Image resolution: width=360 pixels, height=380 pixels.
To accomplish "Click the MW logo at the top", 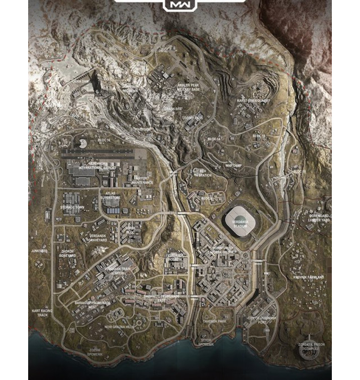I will click(x=179, y=5).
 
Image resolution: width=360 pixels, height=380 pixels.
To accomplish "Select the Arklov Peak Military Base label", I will click(x=188, y=88).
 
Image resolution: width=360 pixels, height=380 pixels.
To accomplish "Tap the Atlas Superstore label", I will click(x=111, y=195).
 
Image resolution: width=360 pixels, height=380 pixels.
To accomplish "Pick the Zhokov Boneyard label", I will click(x=68, y=253).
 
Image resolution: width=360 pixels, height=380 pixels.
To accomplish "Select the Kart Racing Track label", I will click(x=43, y=313).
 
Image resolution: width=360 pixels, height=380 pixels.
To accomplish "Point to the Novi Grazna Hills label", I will click(x=119, y=327).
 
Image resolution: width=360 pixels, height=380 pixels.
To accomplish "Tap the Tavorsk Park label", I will click(x=215, y=321).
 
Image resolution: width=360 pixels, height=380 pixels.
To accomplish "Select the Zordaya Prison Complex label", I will click(x=312, y=348).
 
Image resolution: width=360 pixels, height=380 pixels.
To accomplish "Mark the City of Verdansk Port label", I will click(x=261, y=320).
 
